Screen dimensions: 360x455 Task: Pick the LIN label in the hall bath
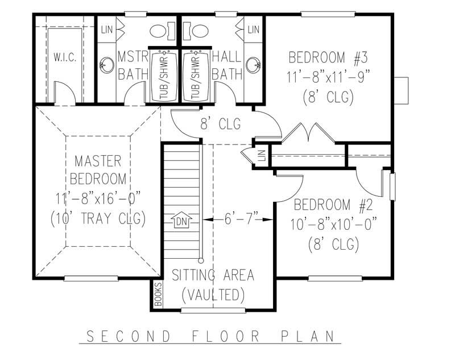tap(253, 28)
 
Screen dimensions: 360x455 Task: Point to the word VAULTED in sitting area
tap(214, 295)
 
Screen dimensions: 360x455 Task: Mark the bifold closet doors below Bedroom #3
tap(308, 134)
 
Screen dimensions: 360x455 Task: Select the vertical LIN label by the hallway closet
tap(262, 155)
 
